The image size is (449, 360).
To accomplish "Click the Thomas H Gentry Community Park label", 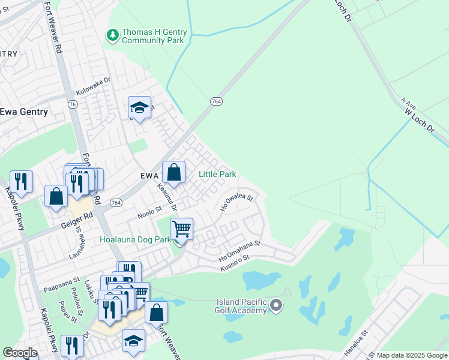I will click(x=154, y=36).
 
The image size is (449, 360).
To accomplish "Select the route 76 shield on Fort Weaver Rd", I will click(x=73, y=104).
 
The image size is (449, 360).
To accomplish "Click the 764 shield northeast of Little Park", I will click(x=217, y=102).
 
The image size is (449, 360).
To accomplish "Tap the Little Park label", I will click(x=217, y=175).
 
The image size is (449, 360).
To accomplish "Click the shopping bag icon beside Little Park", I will click(x=173, y=172).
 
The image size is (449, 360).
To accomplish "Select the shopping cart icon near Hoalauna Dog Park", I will click(x=181, y=229).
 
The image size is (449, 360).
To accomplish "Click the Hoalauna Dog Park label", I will click(x=136, y=239).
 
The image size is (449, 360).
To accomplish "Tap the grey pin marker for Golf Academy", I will click(x=276, y=306).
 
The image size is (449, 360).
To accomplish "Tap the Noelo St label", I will click(x=149, y=210).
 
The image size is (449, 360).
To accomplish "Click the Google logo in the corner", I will click(x=20, y=352).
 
